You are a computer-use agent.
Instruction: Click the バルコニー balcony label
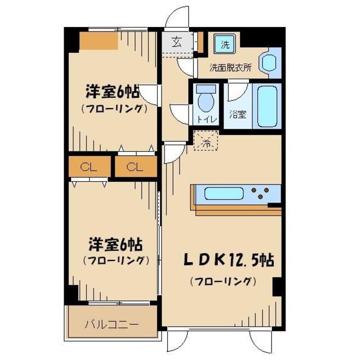click(x=112, y=324)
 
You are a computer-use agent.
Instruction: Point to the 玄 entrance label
click(x=176, y=42)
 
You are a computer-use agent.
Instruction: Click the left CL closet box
click(x=87, y=167)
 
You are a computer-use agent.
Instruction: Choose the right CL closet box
click(x=133, y=167)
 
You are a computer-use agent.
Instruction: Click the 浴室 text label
click(x=237, y=115)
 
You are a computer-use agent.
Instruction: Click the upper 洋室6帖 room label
click(x=113, y=91)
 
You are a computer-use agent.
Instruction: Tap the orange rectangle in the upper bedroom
click(x=98, y=41)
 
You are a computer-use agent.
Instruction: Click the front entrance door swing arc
click(x=180, y=17)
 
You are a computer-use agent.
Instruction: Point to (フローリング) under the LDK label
click(x=224, y=281)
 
